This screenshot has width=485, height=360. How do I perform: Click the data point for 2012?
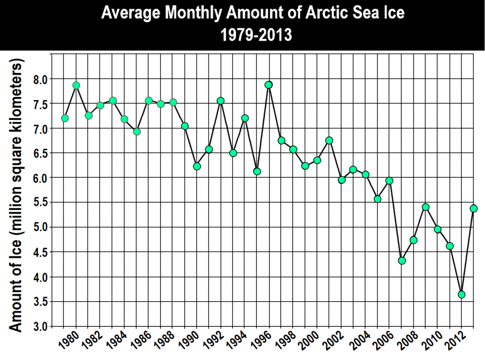point(462,295)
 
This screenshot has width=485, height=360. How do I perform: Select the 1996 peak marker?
point(269,85)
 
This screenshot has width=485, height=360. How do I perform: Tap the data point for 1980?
point(76,85)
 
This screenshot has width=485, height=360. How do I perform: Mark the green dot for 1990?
point(197,166)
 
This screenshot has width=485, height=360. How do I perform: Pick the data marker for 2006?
point(389,180)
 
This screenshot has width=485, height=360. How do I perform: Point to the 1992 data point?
point(221,101)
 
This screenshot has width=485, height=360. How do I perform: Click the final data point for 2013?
point(474,208)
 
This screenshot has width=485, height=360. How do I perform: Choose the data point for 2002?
point(341,180)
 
